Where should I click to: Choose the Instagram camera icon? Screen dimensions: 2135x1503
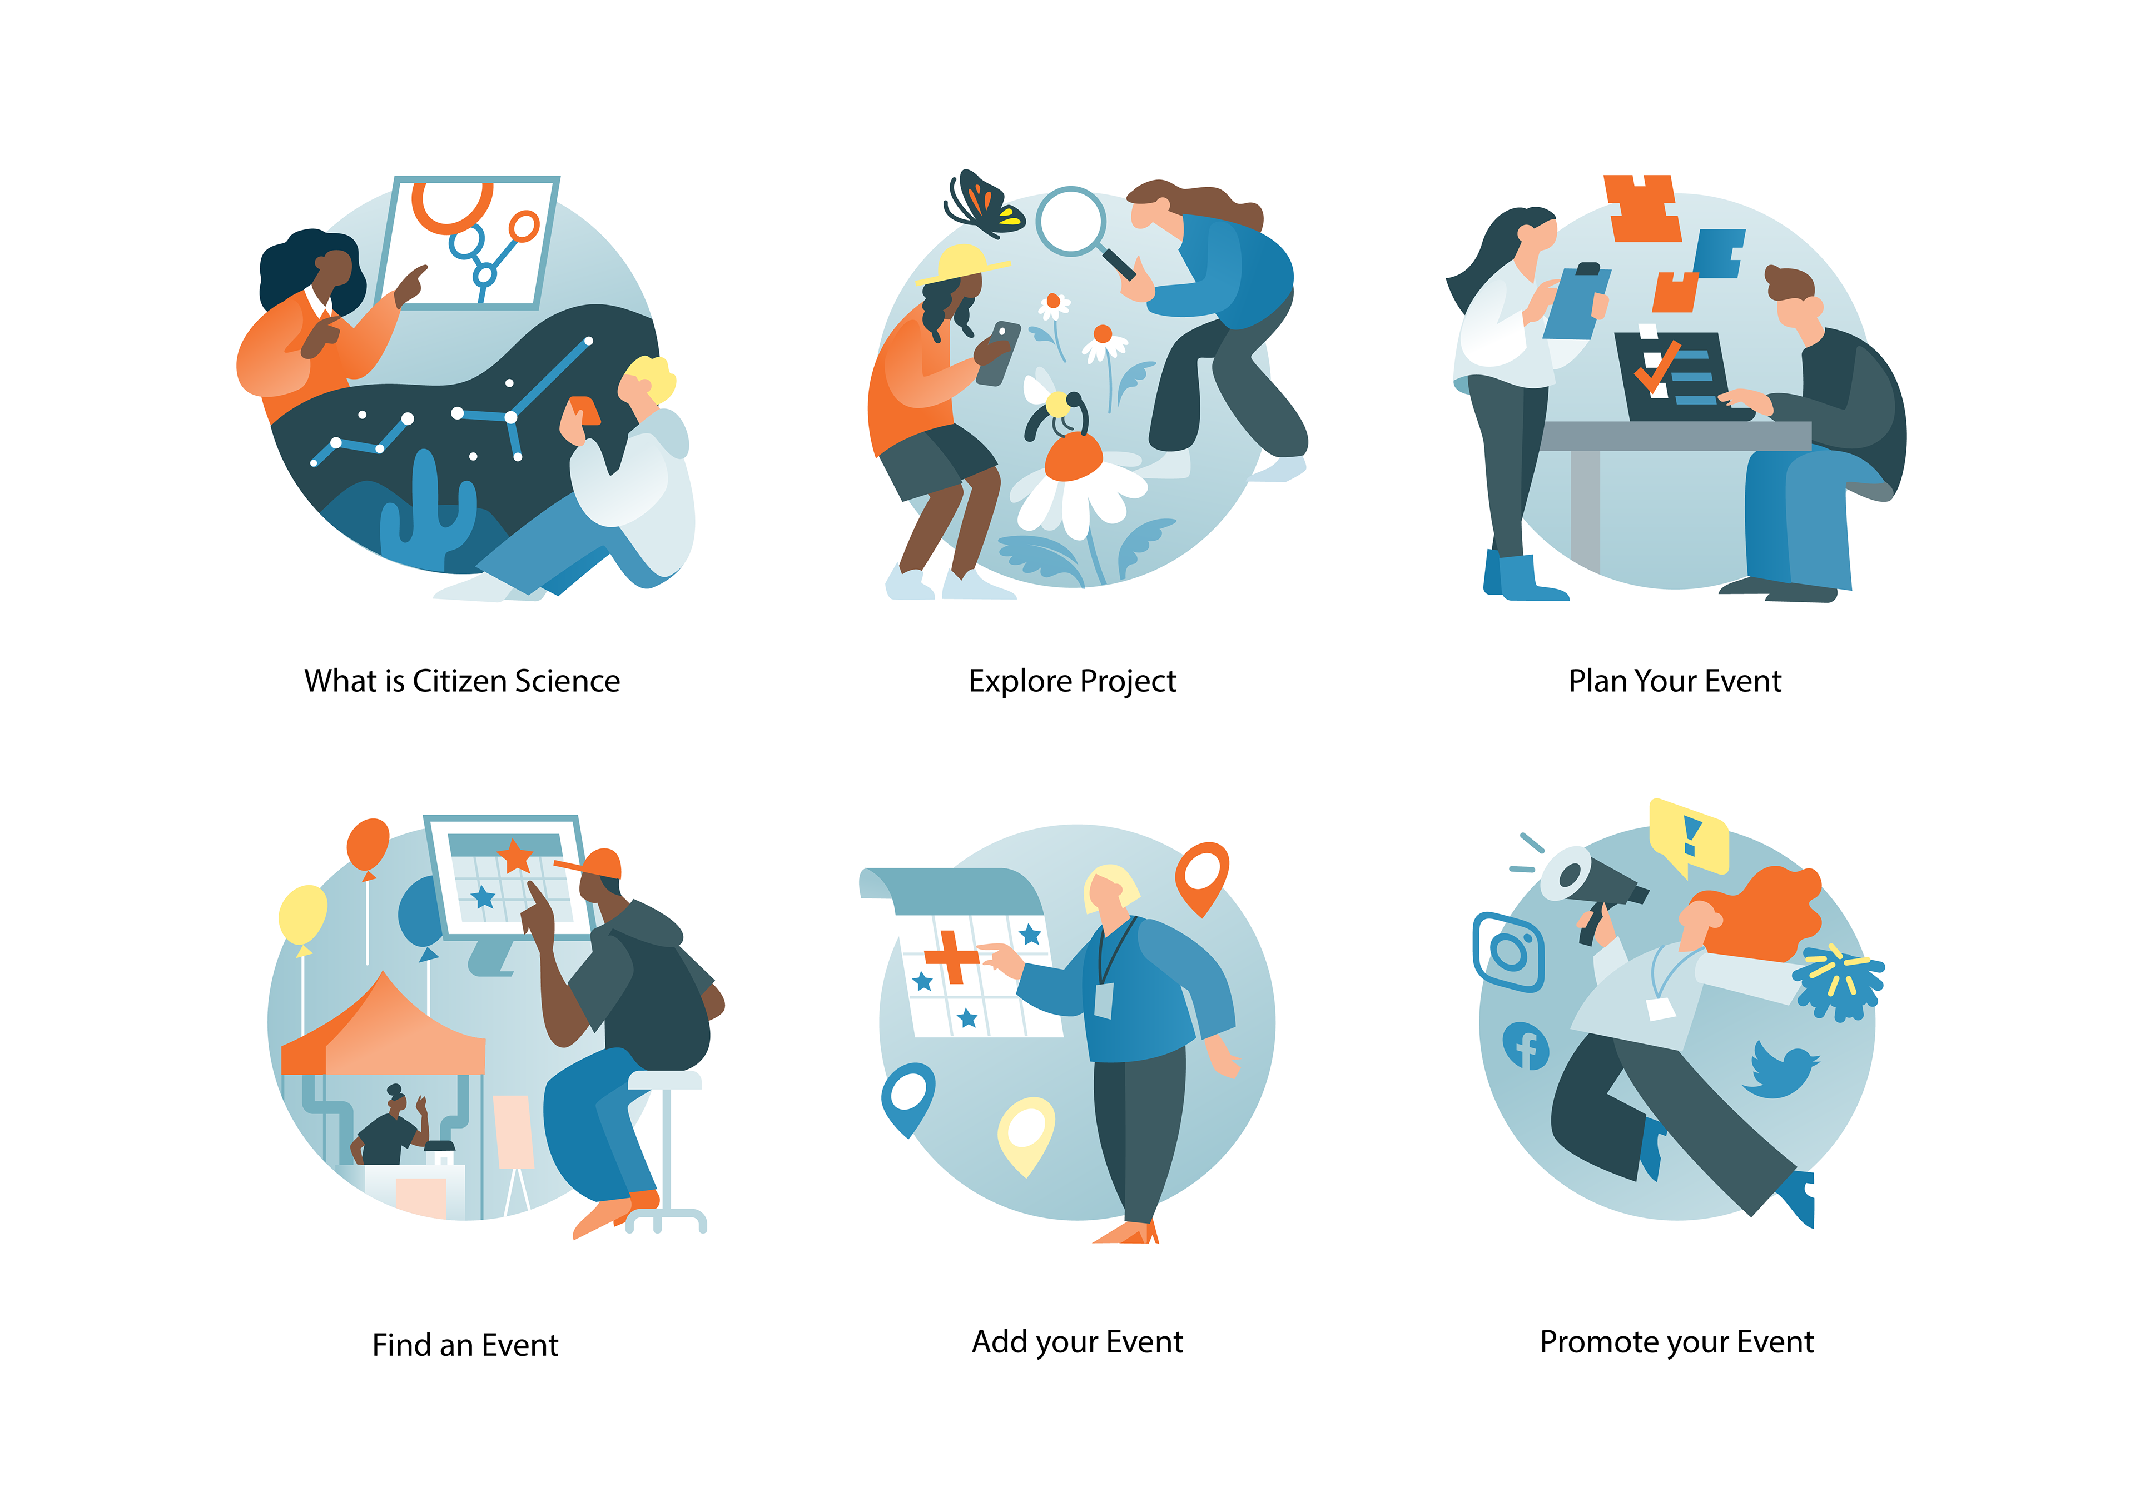[x=1508, y=952]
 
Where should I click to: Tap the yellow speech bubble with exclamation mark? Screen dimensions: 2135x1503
[x=1689, y=836]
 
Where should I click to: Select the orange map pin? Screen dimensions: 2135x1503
[x=1201, y=876]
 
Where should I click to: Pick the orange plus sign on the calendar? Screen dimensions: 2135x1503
[x=950, y=956]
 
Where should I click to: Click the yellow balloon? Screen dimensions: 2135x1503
[x=303, y=916]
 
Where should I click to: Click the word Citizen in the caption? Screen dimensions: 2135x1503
[x=459, y=681]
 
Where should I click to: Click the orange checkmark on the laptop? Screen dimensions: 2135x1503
[x=1656, y=367]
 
